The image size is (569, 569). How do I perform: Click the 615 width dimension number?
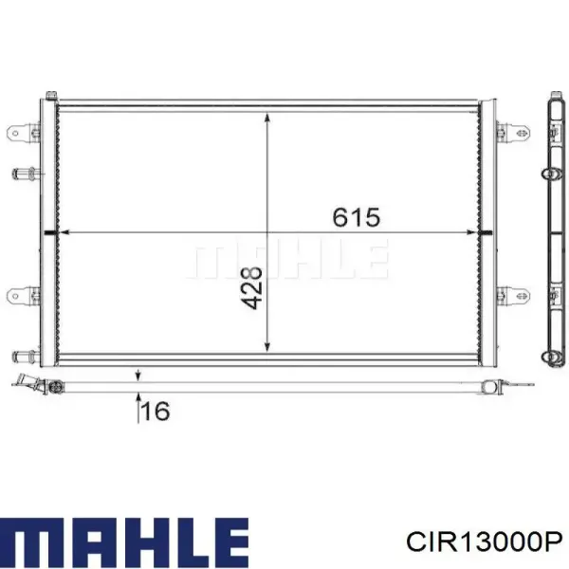pyautogui.click(x=357, y=217)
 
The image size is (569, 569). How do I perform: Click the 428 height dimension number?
pyautogui.click(x=251, y=288)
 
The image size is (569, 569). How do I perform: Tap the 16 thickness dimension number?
pyautogui.click(x=156, y=411)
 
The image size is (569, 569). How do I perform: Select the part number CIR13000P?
pyautogui.click(x=485, y=542)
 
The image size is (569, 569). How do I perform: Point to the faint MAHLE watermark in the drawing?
pyautogui.click(x=287, y=258)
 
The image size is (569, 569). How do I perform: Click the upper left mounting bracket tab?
pyautogui.click(x=23, y=133)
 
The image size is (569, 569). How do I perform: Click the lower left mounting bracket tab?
pyautogui.click(x=23, y=295)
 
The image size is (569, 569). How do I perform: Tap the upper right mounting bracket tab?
pyautogui.click(x=513, y=132)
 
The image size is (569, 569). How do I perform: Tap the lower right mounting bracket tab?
pyautogui.click(x=513, y=295)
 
